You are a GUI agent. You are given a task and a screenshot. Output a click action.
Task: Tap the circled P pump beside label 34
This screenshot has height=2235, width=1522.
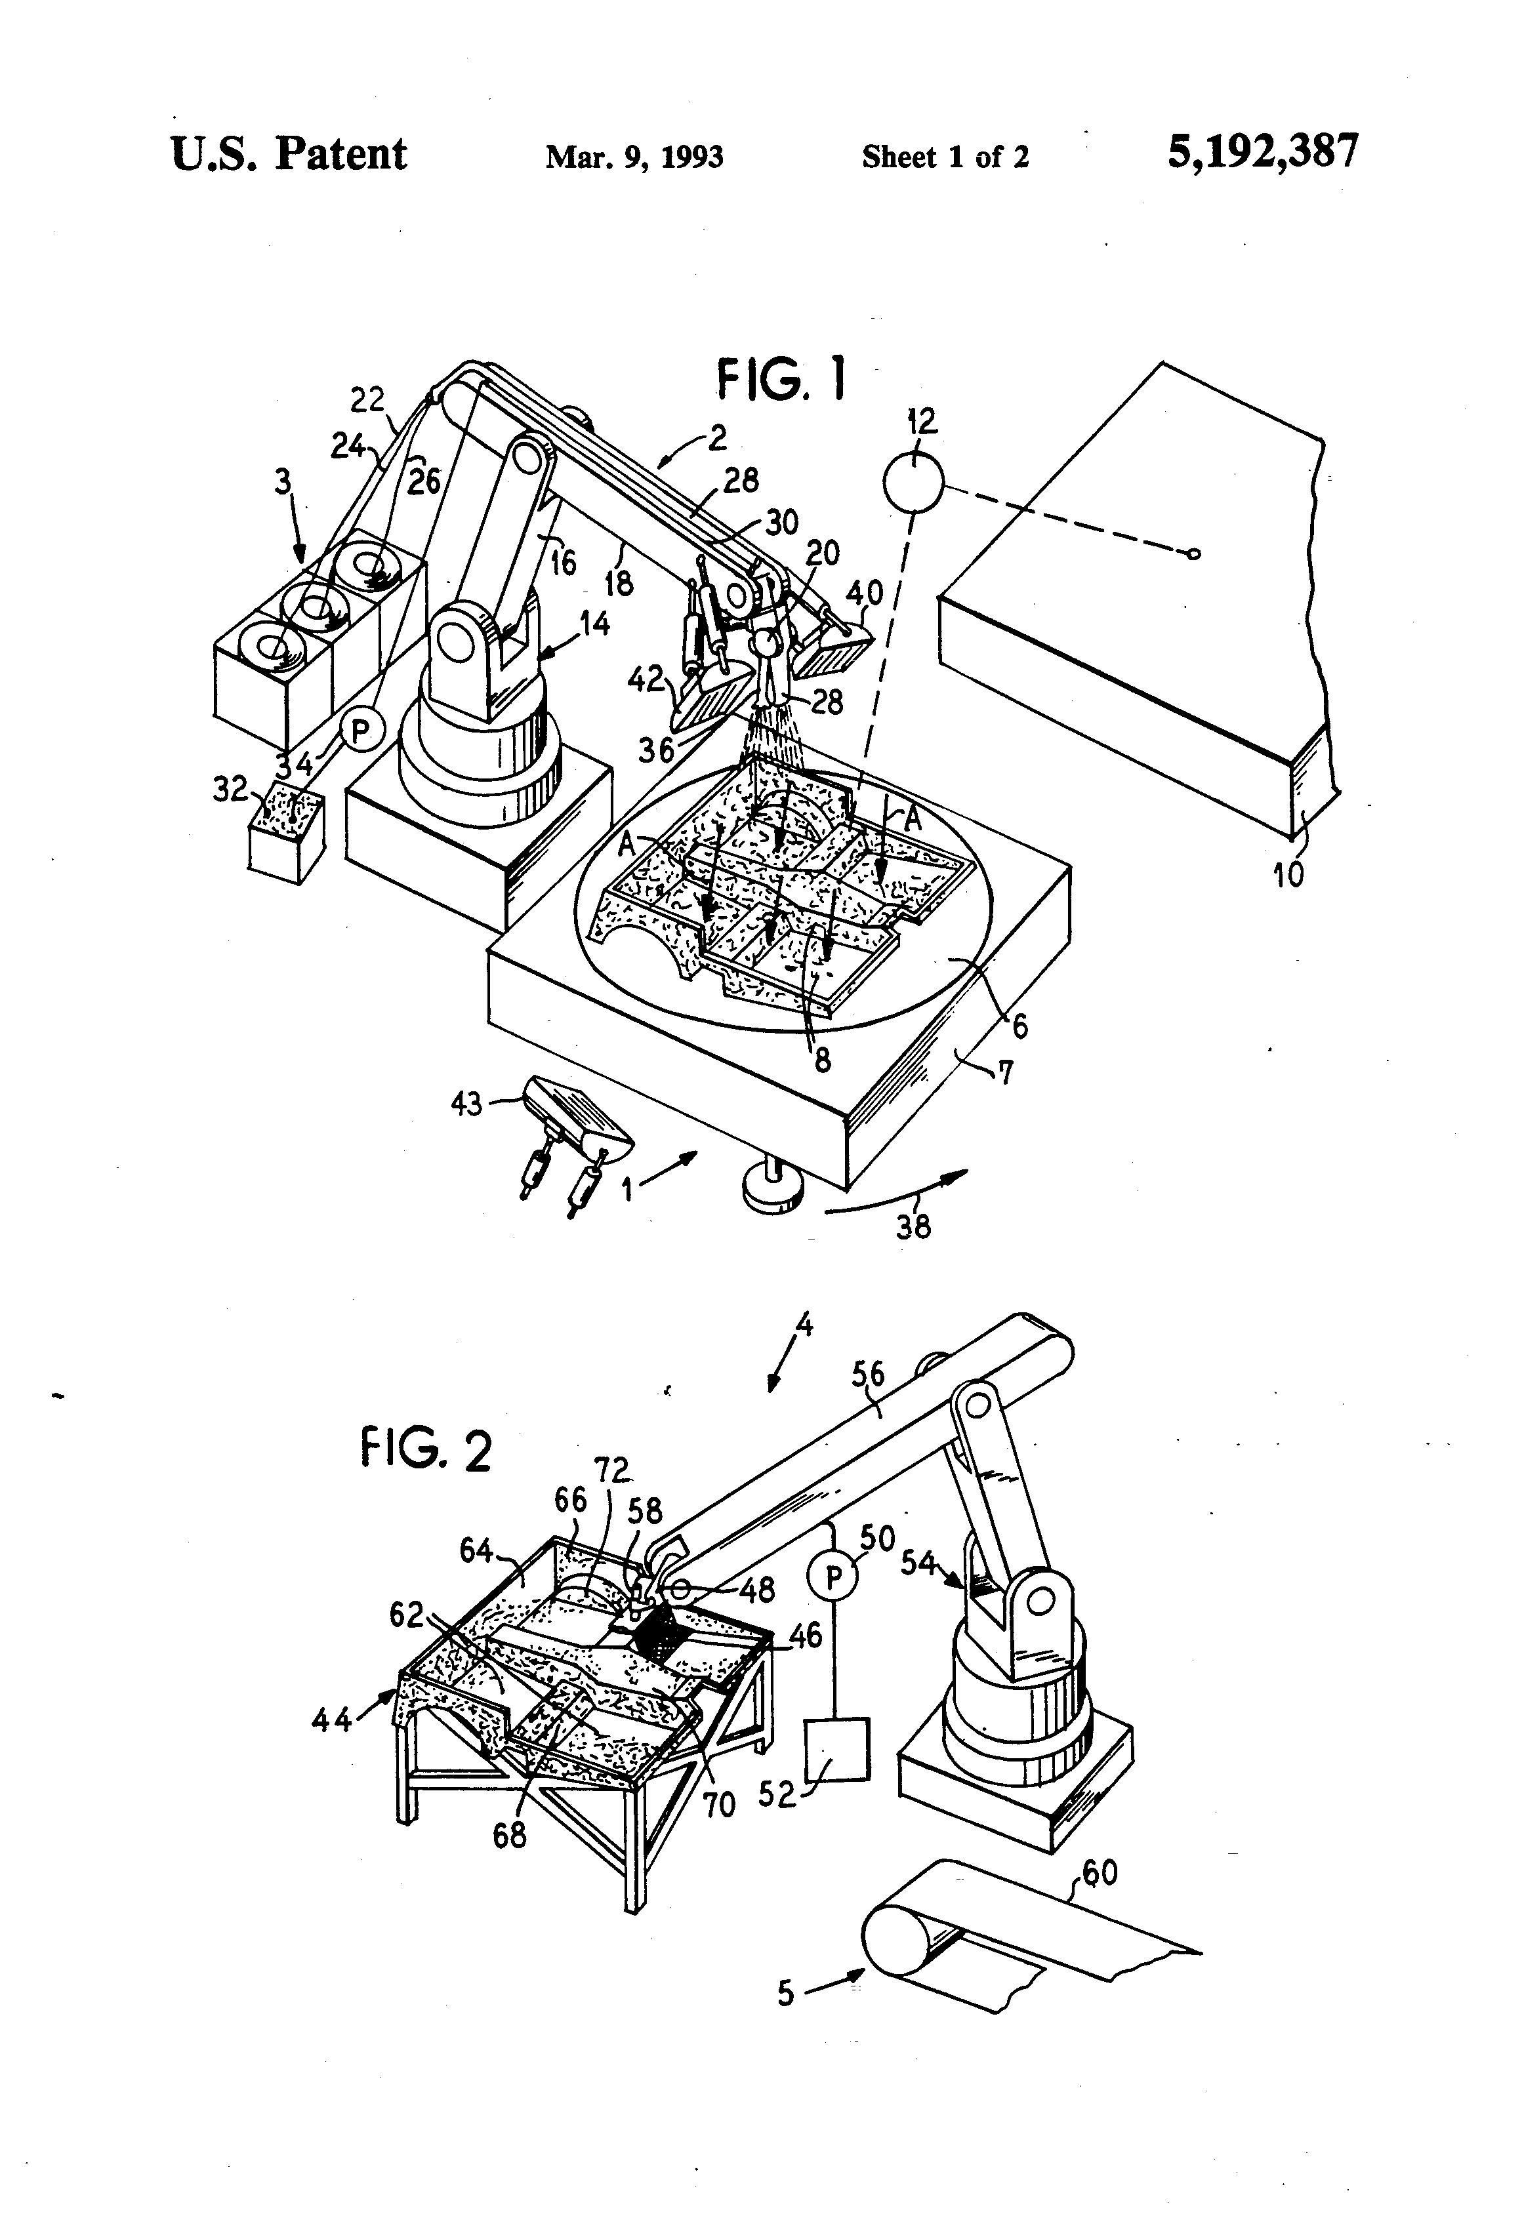point(361,732)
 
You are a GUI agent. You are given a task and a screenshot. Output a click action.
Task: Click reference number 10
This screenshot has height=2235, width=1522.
point(1288,874)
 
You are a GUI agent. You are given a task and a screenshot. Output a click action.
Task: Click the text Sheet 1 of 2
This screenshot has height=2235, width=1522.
point(945,157)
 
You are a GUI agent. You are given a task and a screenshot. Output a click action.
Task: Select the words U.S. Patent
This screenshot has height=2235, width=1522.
point(289,154)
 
